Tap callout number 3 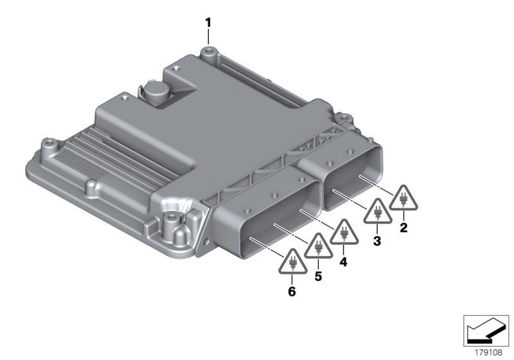click(x=377, y=241)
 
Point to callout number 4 click(x=343, y=262)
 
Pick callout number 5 click(x=317, y=277)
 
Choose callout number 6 click(x=292, y=292)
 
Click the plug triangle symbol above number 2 click(x=403, y=199)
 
